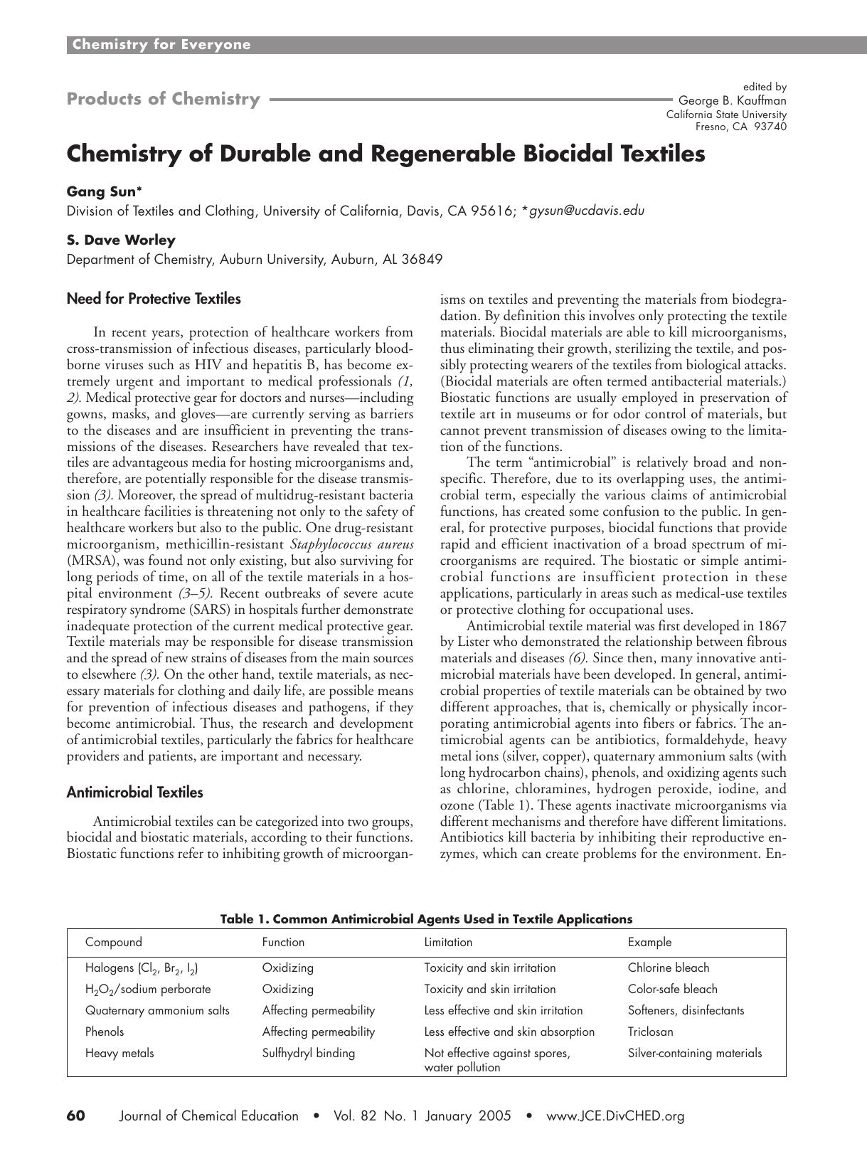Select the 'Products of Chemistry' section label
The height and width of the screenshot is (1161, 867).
tap(164, 99)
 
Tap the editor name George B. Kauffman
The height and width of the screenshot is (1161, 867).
tap(733, 100)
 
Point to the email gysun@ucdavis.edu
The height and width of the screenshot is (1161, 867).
tap(587, 211)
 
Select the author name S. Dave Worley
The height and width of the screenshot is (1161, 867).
tap(121, 240)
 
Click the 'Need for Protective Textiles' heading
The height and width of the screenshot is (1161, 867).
tap(154, 299)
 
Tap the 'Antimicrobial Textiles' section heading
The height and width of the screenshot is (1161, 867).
tap(134, 792)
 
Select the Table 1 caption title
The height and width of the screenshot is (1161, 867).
tap(426, 918)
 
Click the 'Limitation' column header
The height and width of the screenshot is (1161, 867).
tap(448, 942)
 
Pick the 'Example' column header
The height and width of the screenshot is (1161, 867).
tap(649, 942)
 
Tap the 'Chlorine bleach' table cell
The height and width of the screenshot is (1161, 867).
tap(669, 967)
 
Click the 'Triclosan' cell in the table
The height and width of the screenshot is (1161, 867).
tap(650, 1032)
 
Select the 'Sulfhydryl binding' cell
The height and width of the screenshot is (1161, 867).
tap(308, 1053)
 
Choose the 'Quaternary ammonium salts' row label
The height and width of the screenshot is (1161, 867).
tap(157, 1010)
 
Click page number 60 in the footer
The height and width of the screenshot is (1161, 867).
tap(75, 1115)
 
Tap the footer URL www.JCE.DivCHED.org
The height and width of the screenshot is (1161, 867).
tap(615, 1115)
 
